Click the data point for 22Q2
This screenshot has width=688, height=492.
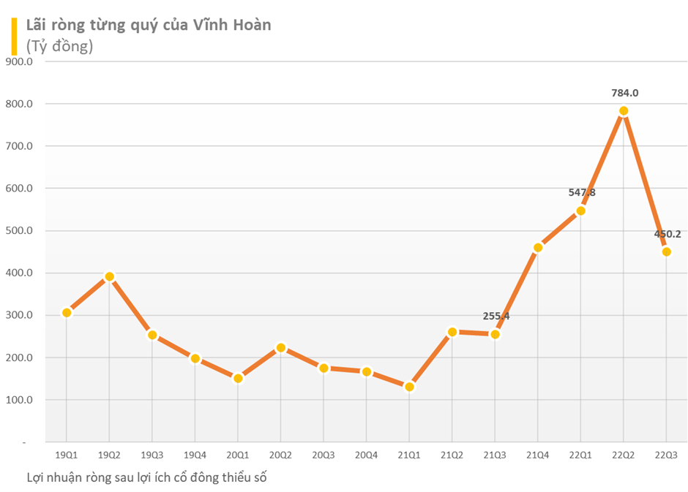[x=624, y=111]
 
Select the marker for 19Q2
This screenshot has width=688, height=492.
[x=109, y=276]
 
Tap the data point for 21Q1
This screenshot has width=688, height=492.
[x=409, y=387]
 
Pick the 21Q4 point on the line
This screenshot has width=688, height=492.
[x=538, y=247]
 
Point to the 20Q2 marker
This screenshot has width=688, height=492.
[x=281, y=348]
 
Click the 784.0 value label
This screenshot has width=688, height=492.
[x=625, y=93]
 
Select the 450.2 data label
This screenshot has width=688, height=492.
[x=668, y=234]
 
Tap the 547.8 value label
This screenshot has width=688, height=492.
[x=582, y=193]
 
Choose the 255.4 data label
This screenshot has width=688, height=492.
[x=496, y=317]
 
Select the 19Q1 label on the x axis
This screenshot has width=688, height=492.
[x=67, y=455]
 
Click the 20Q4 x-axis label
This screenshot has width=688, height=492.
[x=367, y=455]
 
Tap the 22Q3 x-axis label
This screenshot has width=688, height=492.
[x=666, y=455]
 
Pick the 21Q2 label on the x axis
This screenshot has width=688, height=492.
[x=452, y=455]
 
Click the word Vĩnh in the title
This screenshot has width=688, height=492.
[x=211, y=25]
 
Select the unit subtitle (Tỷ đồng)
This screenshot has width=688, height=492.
[x=59, y=45]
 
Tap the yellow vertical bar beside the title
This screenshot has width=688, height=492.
[x=13, y=35]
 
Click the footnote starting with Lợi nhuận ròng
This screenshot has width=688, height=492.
[x=146, y=477]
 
